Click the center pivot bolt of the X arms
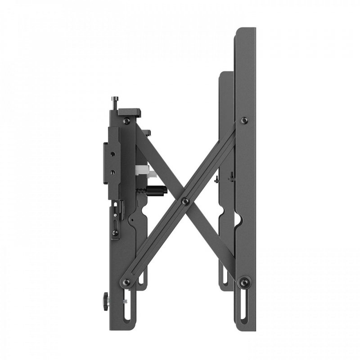[185, 202]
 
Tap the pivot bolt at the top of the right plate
[244, 121]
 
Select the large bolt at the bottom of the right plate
[244, 282]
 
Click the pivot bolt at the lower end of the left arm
[126, 282]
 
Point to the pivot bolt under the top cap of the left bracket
[127, 121]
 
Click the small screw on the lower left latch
[116, 233]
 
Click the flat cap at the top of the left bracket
[129, 111]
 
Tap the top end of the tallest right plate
[245, 30]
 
